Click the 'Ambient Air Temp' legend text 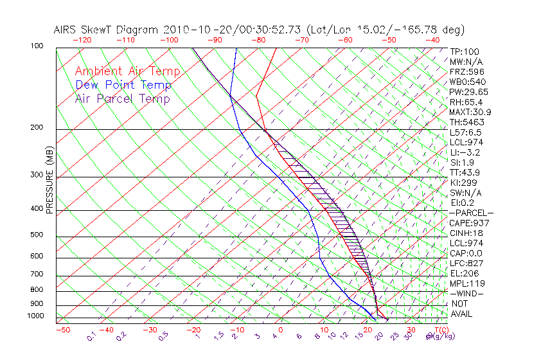coord(127,71)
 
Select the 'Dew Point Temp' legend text coord(123,85)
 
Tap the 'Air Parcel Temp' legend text coord(123,98)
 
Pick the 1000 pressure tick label coord(36,316)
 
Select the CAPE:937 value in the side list coord(466,223)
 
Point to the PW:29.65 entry coord(466,92)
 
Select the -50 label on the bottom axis coord(62,330)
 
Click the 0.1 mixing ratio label coord(92,335)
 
